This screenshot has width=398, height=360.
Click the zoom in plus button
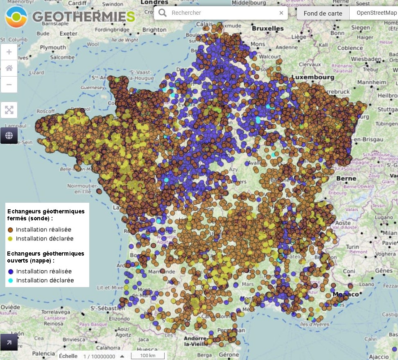[x=9, y=52]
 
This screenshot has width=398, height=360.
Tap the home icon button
[x=9, y=68]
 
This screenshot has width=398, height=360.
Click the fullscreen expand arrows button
[x=9, y=110]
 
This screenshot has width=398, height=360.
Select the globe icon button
[x=9, y=135]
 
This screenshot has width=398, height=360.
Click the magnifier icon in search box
[x=163, y=13]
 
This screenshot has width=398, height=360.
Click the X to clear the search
[x=281, y=13]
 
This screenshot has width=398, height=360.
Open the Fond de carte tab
[x=323, y=13]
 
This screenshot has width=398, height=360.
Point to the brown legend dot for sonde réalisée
[x=11, y=230]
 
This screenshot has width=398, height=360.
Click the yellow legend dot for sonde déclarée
[x=11, y=239]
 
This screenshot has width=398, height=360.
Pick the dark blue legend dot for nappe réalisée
[x=11, y=272]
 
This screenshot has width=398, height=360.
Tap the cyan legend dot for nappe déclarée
[x=11, y=281]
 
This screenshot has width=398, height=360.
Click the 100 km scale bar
[x=148, y=355]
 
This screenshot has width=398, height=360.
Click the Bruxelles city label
[x=268, y=29]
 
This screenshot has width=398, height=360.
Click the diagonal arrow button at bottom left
[x=9, y=342]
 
